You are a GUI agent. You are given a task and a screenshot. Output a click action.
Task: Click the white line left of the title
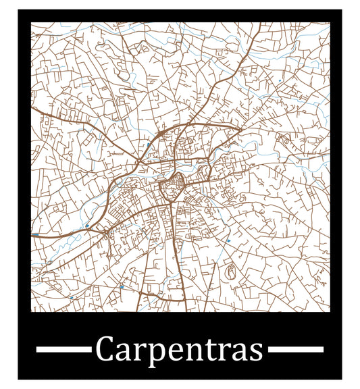pos(63,349)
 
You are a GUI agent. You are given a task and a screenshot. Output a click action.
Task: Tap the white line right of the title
pos(296,349)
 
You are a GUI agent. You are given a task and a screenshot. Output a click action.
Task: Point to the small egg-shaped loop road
pos(230,274)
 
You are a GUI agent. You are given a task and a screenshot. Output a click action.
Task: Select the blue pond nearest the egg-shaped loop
pos(229,240)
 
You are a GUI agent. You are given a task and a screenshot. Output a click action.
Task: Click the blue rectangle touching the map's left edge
pos(35,234)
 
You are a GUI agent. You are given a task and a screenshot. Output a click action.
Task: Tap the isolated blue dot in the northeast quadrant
pos(280,81)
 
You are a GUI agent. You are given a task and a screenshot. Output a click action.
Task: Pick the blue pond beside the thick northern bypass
pos(147,145)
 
